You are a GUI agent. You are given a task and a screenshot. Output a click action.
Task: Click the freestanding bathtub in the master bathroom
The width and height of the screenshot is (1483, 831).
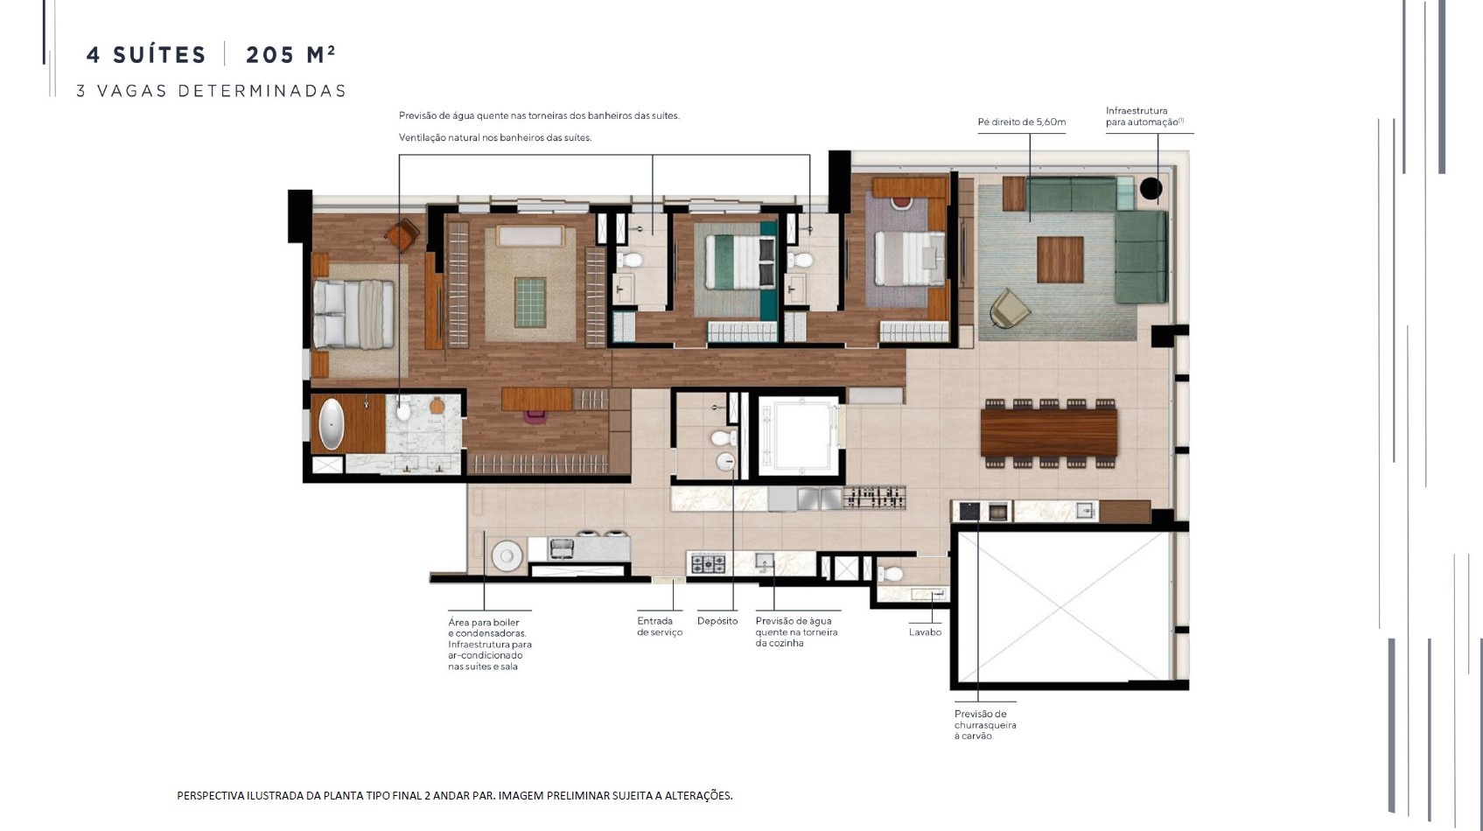[x=331, y=424]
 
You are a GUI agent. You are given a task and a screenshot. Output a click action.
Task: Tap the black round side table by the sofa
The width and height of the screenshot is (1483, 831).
[x=1151, y=189]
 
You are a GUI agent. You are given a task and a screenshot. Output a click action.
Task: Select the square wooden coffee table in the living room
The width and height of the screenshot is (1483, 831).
[x=1060, y=260]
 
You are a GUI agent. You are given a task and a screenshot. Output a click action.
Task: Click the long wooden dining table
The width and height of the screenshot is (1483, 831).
[x=1049, y=433]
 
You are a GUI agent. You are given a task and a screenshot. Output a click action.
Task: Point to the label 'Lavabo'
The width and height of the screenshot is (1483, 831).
[x=925, y=632]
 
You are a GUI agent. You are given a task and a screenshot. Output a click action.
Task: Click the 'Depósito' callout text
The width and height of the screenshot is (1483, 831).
[x=717, y=621]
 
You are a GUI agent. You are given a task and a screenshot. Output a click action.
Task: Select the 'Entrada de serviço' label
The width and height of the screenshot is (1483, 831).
[x=660, y=626]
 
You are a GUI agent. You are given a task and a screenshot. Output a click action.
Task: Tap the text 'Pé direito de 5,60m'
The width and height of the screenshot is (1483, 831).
[x=1022, y=122]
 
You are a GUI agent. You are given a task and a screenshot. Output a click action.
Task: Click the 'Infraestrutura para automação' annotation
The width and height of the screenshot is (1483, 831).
[x=1144, y=115]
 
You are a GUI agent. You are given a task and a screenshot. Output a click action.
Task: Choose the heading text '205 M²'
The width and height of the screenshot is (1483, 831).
[x=290, y=54]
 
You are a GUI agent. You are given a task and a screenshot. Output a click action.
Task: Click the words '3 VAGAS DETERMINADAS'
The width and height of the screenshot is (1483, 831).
[x=211, y=91]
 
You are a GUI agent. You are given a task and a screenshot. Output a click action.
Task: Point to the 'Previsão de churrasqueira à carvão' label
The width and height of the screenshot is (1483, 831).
[x=985, y=724]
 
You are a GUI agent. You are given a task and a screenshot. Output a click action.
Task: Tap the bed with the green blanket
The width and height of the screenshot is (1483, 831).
[x=740, y=262]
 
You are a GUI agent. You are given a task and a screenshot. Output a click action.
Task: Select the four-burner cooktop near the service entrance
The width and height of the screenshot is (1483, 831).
[x=708, y=564]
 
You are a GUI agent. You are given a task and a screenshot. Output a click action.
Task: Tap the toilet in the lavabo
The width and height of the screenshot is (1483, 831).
[x=890, y=574]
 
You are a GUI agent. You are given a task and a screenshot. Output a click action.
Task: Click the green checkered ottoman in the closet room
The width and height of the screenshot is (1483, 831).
[x=530, y=302]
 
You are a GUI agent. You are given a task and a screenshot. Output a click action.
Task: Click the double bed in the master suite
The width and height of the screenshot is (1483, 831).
[x=353, y=314]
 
